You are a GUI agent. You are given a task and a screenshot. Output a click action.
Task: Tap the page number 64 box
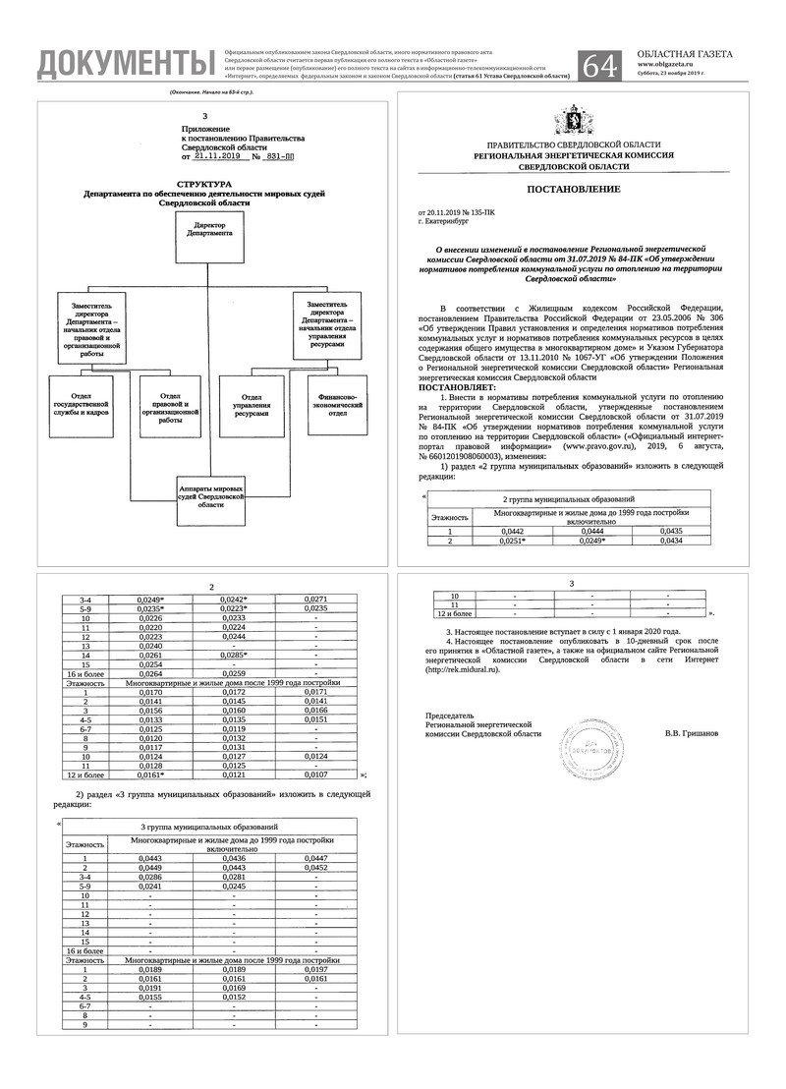pyautogui.click(x=601, y=64)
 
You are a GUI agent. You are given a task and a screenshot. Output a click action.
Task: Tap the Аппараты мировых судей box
pyautogui.click(x=211, y=493)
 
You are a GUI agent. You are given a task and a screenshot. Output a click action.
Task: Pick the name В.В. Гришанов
pyautogui.click(x=692, y=733)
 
